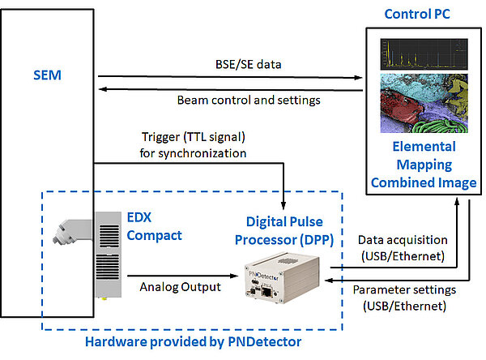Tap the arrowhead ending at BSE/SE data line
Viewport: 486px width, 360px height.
pyautogui.click(x=359, y=79)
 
